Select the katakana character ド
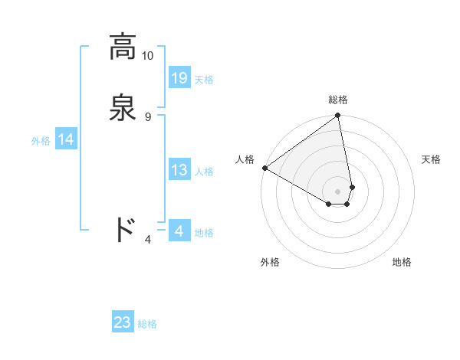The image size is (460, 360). coord(125,230)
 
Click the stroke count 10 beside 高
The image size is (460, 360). coord(148,56)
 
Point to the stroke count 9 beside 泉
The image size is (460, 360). coord(148,116)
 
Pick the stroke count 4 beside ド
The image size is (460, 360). coord(148,240)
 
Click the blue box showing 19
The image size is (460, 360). coord(179,78)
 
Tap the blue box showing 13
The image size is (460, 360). coord(179,171)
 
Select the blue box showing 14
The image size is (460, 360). coord(66,139)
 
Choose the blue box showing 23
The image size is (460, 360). coord(123,322)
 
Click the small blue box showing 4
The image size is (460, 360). coord(179,231)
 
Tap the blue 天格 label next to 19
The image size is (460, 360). coord(204,80)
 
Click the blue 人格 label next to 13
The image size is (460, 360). coord(204,172)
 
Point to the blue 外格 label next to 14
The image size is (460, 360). coord(41,140)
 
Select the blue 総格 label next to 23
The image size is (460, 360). coord(147,324)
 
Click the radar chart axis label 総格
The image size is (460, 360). coord(338,100)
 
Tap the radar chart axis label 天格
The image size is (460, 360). coord(432,159)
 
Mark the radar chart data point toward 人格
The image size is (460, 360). coord(264,168)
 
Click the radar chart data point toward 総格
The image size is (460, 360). coord(338,116)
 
